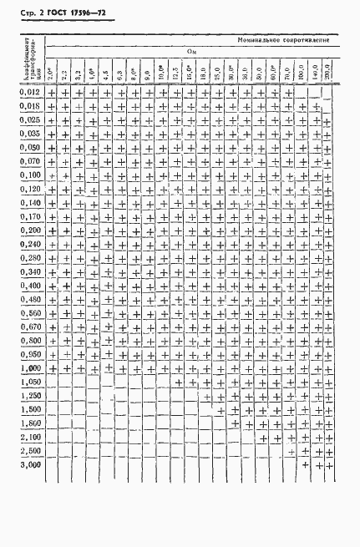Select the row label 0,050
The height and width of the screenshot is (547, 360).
[x=30, y=147]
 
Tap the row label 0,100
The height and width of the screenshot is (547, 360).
[x=30, y=175]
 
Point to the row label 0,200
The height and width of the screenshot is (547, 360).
[x=30, y=229]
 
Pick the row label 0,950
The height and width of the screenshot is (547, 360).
[x=30, y=354]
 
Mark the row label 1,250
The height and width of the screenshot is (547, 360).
[x=30, y=395]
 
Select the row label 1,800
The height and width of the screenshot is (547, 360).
[x=30, y=423]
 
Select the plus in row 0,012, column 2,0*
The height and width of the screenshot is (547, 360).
[x=52, y=95]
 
